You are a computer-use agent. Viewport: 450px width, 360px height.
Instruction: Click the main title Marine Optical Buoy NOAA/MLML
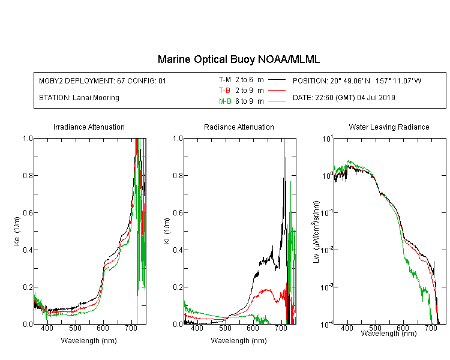(x=238, y=59)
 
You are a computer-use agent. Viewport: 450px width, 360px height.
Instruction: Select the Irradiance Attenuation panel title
(x=89, y=127)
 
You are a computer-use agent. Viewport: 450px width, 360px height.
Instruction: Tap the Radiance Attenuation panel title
(x=239, y=127)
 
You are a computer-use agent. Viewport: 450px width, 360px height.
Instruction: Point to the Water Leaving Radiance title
(x=389, y=127)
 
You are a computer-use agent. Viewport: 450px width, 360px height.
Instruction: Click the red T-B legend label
(x=224, y=91)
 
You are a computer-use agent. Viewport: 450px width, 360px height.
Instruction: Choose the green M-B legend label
(x=225, y=101)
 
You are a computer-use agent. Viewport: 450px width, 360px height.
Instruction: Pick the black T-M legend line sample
(x=277, y=80)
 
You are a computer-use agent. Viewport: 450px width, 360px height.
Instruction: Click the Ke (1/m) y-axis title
(x=17, y=231)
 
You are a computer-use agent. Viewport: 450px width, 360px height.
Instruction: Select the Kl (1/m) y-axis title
(x=167, y=231)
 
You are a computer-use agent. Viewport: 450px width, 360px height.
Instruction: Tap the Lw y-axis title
(x=316, y=232)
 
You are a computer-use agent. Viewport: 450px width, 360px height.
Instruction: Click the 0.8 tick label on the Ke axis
(x=28, y=175)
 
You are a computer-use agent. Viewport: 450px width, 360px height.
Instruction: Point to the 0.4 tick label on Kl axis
(x=178, y=250)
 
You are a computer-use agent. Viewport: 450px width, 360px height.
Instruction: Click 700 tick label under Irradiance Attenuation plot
(x=131, y=328)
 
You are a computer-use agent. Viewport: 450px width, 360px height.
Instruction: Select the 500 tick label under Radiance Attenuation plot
(x=225, y=328)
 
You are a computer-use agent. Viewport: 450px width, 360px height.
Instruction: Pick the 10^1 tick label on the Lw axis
(x=328, y=139)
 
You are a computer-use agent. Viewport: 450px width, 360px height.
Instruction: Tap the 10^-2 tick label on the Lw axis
(x=327, y=250)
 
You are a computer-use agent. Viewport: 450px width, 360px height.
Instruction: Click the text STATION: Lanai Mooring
(x=79, y=98)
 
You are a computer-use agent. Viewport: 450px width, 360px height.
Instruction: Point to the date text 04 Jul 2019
(x=376, y=98)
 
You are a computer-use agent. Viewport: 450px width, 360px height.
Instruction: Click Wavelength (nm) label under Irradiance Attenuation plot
(x=89, y=341)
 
